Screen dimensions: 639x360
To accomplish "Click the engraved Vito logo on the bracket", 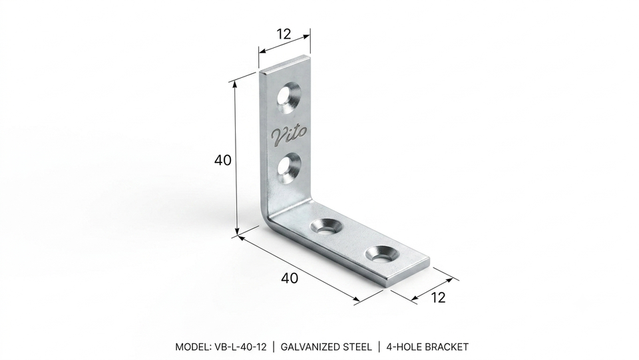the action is click(290, 135).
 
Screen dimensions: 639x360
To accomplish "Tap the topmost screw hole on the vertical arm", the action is click(289, 97).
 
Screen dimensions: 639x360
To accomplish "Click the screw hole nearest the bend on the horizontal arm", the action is click(327, 226).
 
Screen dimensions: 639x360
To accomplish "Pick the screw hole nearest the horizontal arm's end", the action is click(382, 254).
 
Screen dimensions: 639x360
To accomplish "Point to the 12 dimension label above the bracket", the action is click(284, 34).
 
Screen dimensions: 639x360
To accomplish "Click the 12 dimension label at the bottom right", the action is click(438, 297).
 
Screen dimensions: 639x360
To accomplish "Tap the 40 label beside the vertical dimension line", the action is click(222, 160).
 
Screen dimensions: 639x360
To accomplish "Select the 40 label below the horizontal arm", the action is click(290, 278).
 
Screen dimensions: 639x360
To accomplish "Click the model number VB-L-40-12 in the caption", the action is click(240, 347).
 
